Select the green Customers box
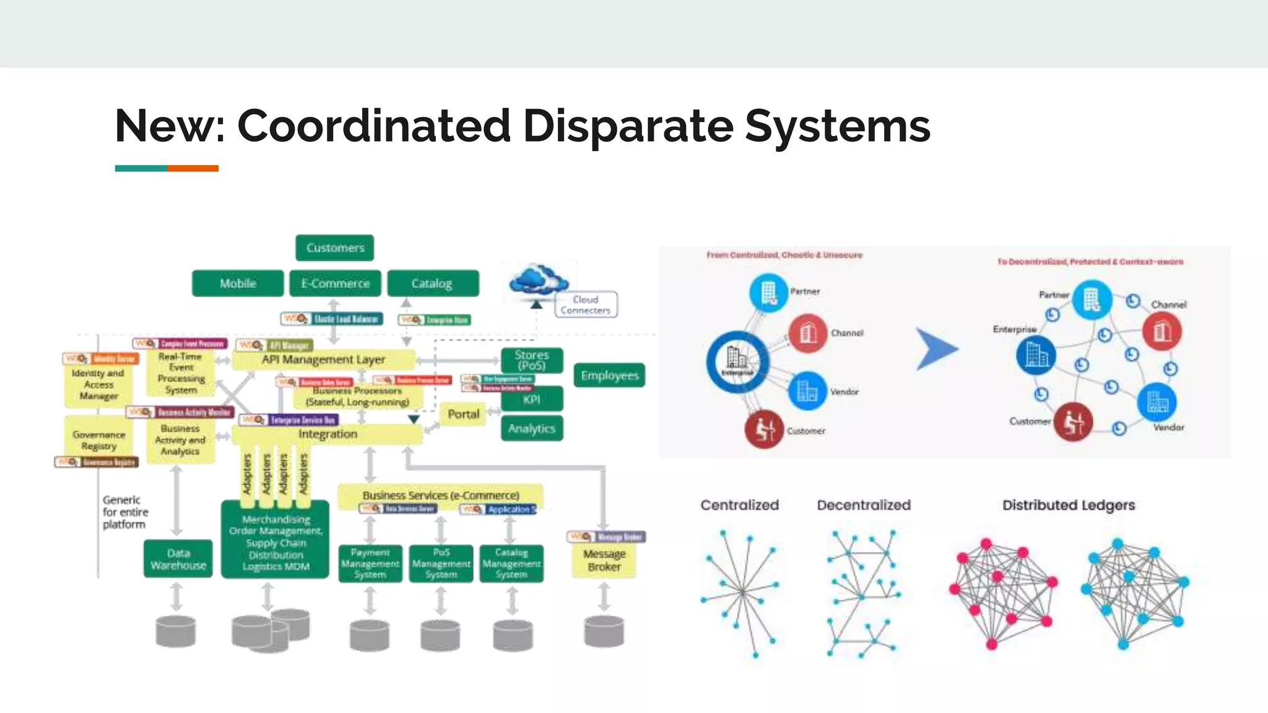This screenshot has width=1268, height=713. (x=335, y=248)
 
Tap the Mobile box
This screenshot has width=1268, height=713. (x=238, y=283)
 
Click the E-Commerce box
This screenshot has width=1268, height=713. (x=335, y=283)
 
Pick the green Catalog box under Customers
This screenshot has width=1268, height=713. (x=432, y=283)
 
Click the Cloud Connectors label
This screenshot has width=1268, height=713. (x=585, y=305)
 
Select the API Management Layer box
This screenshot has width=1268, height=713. (x=323, y=360)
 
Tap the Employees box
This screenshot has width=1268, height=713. (x=609, y=375)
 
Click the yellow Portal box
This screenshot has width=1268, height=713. (x=463, y=414)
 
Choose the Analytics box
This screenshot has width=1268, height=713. (x=531, y=428)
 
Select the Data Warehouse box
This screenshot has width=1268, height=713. (x=178, y=559)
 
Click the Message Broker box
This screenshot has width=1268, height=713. (x=604, y=560)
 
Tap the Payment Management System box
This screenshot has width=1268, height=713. (x=370, y=563)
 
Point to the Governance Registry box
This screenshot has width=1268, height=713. (x=98, y=440)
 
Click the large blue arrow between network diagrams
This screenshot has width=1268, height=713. (x=936, y=349)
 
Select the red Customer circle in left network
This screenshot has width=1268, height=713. (x=764, y=429)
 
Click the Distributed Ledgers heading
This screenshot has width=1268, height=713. (x=1069, y=505)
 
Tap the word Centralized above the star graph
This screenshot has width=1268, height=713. (x=739, y=505)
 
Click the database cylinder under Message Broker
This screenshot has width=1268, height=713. (x=604, y=631)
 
